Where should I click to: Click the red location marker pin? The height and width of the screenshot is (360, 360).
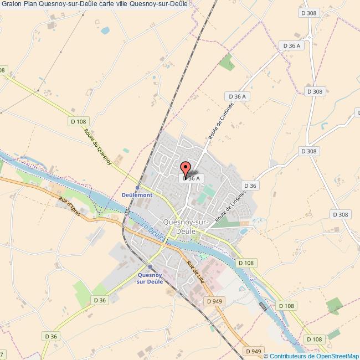tap(185, 168)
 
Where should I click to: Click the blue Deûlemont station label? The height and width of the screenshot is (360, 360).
tap(137, 196)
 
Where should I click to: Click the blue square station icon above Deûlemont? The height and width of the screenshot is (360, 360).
tap(137, 188)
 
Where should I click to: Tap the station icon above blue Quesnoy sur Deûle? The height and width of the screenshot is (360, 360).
tap(150, 266)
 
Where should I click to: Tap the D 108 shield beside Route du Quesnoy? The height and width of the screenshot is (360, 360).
tap(79, 121)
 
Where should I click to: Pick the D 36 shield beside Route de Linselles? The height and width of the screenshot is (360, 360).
tap(250, 186)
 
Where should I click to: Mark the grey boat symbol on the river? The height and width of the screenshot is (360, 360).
tap(263, 306)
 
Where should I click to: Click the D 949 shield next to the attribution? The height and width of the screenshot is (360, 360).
tap(253, 351)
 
